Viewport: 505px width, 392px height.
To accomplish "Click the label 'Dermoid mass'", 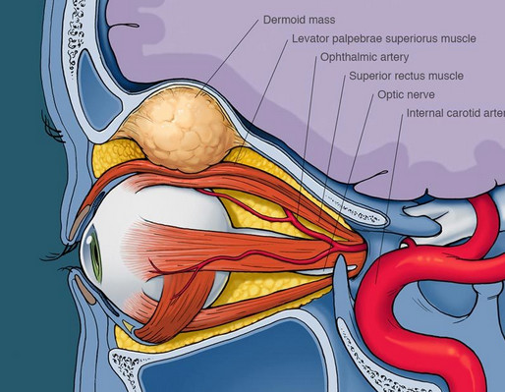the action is point(299,20).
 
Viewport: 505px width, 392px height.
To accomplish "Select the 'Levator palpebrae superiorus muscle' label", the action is point(384,38).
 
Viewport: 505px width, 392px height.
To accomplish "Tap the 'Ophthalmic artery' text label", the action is point(365,57).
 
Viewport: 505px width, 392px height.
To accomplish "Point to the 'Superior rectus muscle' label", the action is point(406,76).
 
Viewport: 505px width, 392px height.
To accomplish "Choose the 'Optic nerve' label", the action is point(406,94).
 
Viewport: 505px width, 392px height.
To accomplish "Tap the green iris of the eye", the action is point(96,253).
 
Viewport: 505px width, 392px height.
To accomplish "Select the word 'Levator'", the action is point(310,38).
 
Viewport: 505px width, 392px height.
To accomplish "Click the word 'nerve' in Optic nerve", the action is point(421,94).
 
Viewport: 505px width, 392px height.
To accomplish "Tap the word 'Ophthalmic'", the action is point(346,57).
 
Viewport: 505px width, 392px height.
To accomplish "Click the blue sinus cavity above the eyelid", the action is point(97,91).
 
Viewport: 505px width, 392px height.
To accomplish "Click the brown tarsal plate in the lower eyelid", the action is point(84,289).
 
